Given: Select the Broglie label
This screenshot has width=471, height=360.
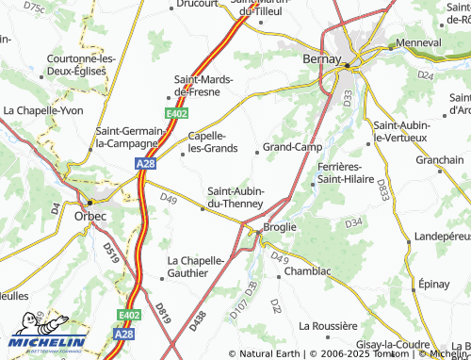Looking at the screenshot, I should [x=280, y=227].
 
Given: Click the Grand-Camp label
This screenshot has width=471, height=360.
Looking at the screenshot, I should [x=292, y=147].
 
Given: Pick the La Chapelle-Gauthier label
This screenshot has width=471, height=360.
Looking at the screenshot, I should [x=199, y=266].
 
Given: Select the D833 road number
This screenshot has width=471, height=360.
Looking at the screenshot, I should [x=382, y=189].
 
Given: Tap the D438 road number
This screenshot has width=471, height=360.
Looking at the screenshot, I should [x=197, y=320].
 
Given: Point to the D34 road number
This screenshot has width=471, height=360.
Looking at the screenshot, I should [x=353, y=222].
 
